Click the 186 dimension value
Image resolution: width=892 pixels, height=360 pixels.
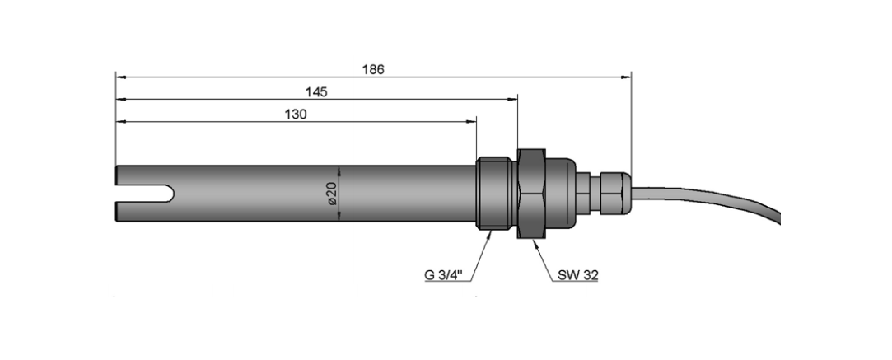click(373, 69)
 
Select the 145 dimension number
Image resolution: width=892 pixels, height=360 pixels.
click(316, 91)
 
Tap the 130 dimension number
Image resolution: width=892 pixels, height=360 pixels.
click(296, 114)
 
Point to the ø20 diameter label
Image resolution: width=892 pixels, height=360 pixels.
click(332, 194)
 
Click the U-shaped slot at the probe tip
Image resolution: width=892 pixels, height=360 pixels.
click(146, 194)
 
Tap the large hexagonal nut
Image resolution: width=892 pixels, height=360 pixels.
click(531, 194)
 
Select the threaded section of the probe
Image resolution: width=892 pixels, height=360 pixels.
click(494, 194)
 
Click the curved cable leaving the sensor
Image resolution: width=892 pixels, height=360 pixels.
click(711, 196)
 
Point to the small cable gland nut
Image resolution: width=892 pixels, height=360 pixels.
click(615, 194)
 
